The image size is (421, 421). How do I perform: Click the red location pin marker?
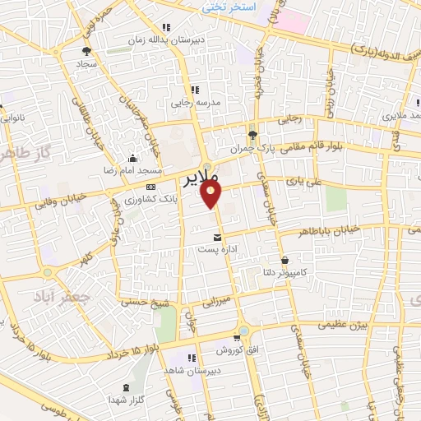tap(212, 194)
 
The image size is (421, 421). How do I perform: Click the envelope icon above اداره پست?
tap(217, 237)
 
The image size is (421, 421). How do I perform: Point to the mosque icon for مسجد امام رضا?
tap(131, 159)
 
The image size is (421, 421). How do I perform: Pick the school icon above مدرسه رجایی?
tap(195, 90)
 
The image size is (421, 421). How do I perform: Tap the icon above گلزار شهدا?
tap(125, 386)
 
